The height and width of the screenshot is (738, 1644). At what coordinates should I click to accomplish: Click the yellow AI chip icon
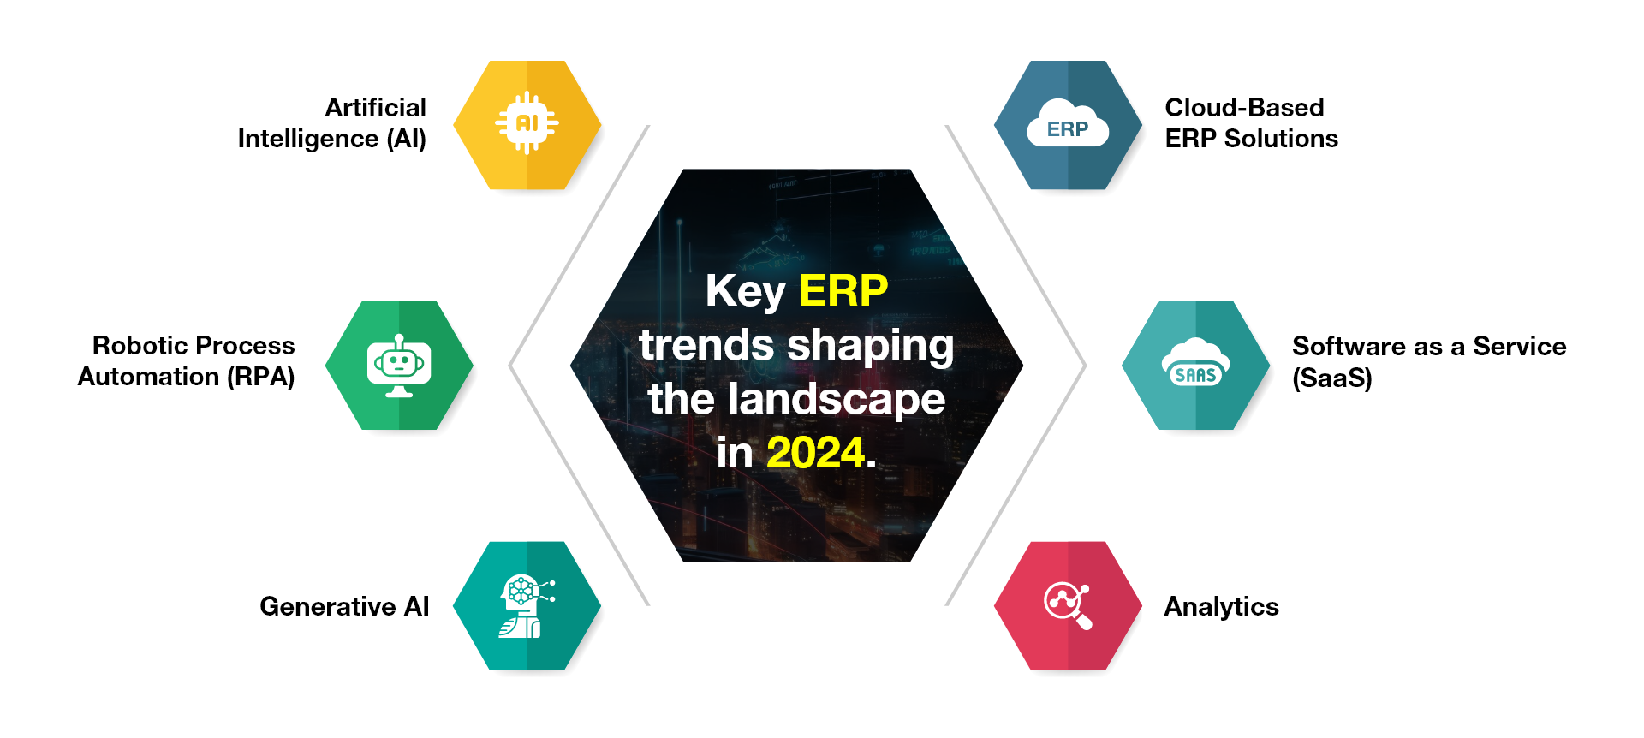tap(527, 123)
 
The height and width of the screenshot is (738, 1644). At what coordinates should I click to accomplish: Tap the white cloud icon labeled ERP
tap(1068, 126)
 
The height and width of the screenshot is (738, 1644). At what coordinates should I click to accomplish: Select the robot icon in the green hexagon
tap(399, 366)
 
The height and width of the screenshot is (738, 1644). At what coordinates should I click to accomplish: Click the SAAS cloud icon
tap(1195, 365)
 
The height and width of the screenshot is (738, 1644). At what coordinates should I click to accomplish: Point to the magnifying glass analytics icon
tap(1068, 605)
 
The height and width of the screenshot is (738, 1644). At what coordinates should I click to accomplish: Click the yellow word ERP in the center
tap(843, 290)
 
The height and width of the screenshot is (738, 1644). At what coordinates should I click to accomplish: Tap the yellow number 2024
tap(815, 452)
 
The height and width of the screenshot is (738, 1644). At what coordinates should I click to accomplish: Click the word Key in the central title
tap(745, 291)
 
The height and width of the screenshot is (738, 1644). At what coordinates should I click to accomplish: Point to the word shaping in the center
tap(870, 346)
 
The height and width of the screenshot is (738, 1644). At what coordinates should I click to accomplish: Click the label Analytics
tap(1221, 607)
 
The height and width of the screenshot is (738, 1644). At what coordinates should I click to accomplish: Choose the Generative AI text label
tap(344, 606)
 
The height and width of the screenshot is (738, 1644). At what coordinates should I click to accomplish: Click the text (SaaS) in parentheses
tap(1331, 378)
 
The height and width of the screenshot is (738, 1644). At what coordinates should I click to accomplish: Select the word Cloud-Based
tap(1244, 108)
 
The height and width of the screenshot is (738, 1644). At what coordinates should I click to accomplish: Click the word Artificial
tap(375, 108)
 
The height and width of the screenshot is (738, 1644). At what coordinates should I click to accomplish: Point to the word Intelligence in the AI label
tap(308, 139)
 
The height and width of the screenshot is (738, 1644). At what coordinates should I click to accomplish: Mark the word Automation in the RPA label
tap(148, 377)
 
